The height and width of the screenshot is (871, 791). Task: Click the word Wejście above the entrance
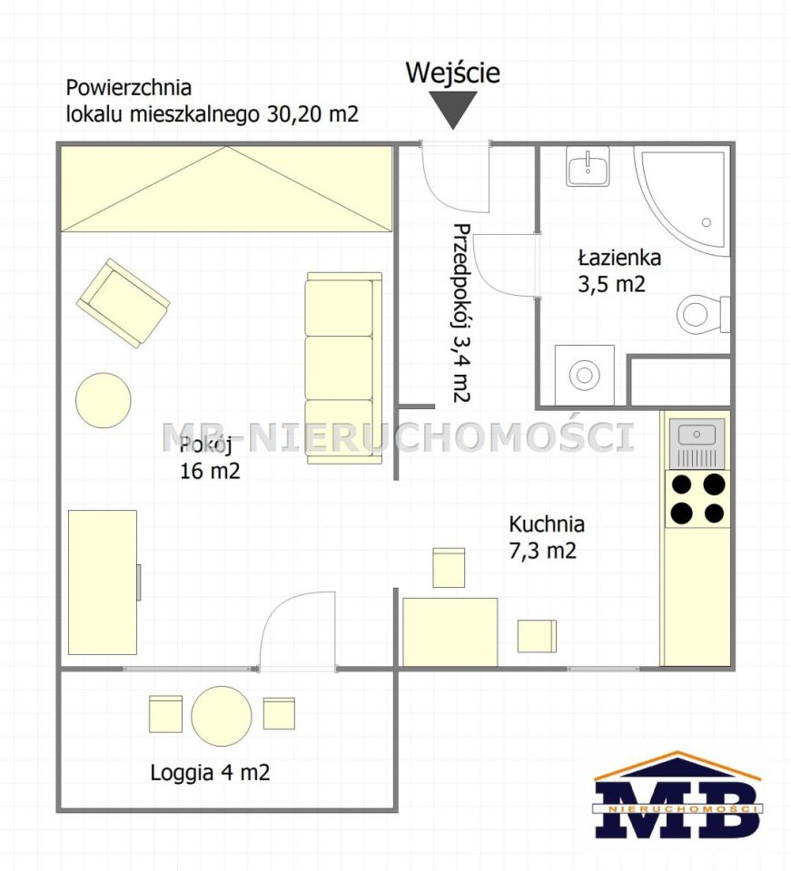tap(452, 73)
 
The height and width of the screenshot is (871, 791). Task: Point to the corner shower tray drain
tap(706, 222)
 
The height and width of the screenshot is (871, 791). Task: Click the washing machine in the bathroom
tap(585, 375)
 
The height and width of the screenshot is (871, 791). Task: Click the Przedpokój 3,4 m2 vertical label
tap(461, 312)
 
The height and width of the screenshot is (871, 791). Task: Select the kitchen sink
tap(697, 443)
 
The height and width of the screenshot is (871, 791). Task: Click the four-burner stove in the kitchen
tap(697, 499)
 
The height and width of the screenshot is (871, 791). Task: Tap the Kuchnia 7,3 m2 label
tap(547, 537)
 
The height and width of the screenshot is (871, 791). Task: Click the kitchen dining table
tap(450, 631)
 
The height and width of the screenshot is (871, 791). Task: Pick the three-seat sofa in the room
tap(343, 367)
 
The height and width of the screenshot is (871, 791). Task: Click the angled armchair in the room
tap(124, 303)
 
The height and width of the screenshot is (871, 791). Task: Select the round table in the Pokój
tap(104, 400)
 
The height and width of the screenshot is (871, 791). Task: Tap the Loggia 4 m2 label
tap(210, 773)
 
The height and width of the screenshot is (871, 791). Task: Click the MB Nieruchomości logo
tap(677, 796)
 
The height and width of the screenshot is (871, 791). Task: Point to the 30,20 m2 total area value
tap(313, 114)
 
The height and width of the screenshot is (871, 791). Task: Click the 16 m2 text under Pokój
tap(210, 471)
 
